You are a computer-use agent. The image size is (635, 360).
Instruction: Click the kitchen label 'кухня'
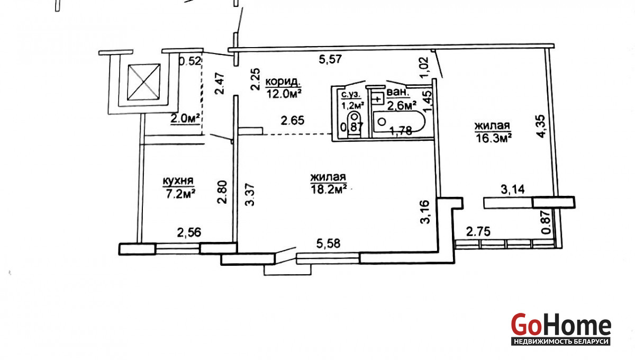pyautogui.click(x=178, y=181)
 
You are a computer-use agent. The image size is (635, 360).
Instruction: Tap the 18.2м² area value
pyautogui.click(x=329, y=189)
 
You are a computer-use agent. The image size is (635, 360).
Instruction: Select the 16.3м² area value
pyautogui.click(x=494, y=139)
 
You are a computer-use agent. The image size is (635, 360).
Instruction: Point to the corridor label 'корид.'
pyautogui.click(x=283, y=82)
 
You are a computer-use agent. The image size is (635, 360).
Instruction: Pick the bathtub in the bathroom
pyautogui.click(x=399, y=122)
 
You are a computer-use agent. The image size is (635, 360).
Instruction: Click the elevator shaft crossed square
pyautogui.click(x=143, y=82)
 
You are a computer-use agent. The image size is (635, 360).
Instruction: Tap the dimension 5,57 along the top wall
pyautogui.click(x=331, y=59)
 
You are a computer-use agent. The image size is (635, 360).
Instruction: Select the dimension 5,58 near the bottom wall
pyautogui.click(x=328, y=244)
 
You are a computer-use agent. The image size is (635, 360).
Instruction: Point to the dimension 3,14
pyautogui.click(x=513, y=190)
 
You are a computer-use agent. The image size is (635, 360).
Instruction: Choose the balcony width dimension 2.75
pyautogui.click(x=478, y=232)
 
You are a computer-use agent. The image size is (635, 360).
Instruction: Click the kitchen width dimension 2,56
pyautogui.click(x=189, y=232)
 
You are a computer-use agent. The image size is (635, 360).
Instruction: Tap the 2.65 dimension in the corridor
pyautogui.click(x=293, y=121)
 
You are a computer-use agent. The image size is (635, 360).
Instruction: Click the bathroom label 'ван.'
pyautogui.click(x=398, y=92)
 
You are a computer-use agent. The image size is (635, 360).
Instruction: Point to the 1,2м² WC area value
pyautogui.click(x=352, y=106)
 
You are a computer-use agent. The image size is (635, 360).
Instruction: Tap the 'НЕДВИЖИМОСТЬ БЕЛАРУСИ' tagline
pyautogui.click(x=561, y=341)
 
